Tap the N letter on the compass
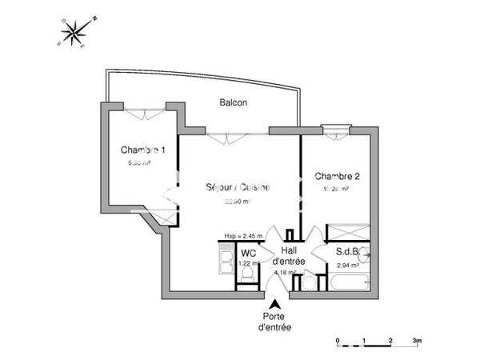coord(94,16)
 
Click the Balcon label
coord(234,102)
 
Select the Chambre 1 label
coord(143,150)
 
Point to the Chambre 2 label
coord(337,176)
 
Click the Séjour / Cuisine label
coord(237,188)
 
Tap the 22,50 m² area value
coord(237,202)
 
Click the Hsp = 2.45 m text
coord(244,237)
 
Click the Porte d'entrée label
coord(274,322)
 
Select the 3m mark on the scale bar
coord(417,339)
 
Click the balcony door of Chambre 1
coord(146,114)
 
